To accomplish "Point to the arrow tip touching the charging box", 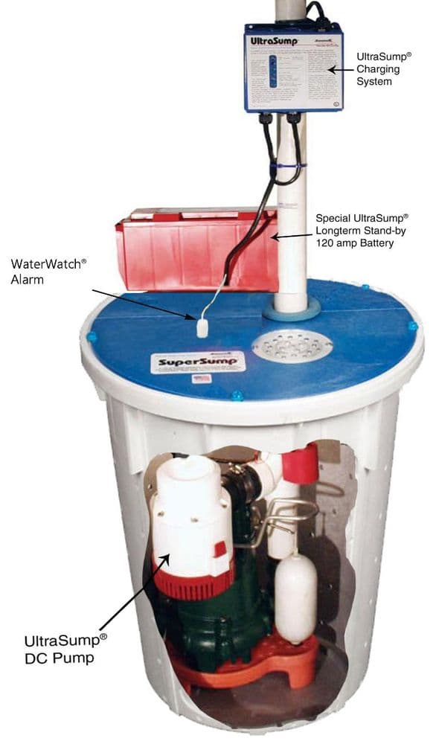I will tap(331, 70).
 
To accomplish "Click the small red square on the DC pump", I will tap(220, 549).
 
